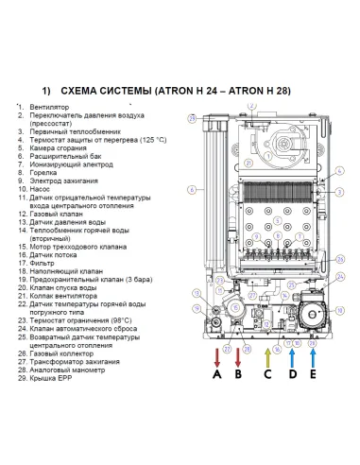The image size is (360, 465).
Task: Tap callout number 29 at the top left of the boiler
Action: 192,119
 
